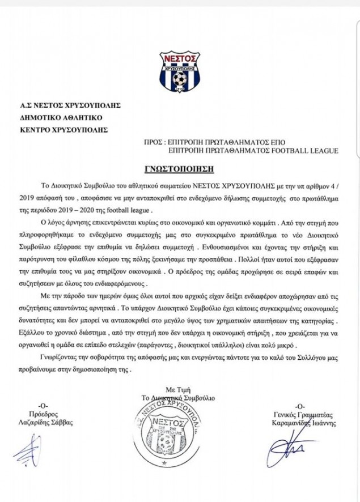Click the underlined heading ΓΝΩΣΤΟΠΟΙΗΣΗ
(x=180, y=169)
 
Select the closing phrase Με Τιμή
(x=177, y=391)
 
